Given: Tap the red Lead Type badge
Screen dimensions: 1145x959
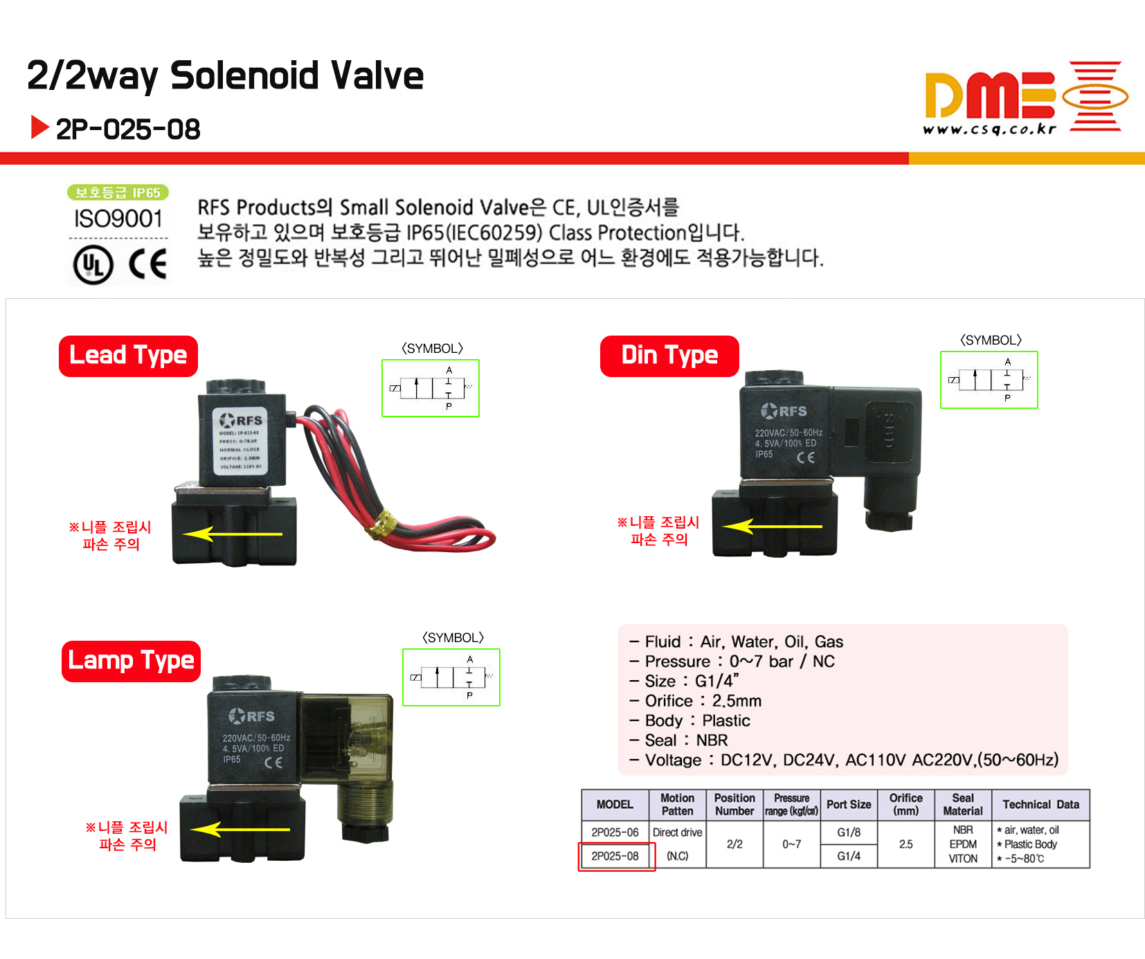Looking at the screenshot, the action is point(128,356).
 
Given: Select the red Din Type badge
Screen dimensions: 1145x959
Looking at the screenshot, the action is point(669,356).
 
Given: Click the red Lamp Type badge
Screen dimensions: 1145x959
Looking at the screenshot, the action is point(131,661).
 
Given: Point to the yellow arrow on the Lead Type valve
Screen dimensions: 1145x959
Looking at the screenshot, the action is point(233,534).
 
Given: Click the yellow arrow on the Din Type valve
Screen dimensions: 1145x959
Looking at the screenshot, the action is point(772,527).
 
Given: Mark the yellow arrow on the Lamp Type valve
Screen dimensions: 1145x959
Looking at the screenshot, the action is point(240,829).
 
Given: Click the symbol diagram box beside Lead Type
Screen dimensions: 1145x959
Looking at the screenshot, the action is point(430,388).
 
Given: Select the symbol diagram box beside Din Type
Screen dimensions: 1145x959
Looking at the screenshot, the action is point(989,380).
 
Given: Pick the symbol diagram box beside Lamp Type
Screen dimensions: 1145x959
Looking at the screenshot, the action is point(451,677).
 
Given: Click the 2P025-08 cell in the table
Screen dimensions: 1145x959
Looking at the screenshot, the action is point(615,856).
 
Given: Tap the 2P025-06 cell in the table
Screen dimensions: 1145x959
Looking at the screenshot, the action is point(615,832).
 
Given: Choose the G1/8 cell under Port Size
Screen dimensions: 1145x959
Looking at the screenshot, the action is point(849,832).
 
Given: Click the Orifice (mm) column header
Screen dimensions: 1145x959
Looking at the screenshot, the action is point(905,804).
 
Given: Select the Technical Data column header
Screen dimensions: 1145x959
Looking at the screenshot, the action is point(1040,804).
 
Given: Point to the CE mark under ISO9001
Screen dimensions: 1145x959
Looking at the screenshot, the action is point(148,264).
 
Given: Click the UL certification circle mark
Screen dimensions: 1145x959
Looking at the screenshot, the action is point(93,265).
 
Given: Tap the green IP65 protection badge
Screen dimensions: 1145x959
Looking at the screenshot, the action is point(118,192).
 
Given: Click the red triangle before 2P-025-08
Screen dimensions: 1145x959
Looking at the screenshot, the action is point(39,127).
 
